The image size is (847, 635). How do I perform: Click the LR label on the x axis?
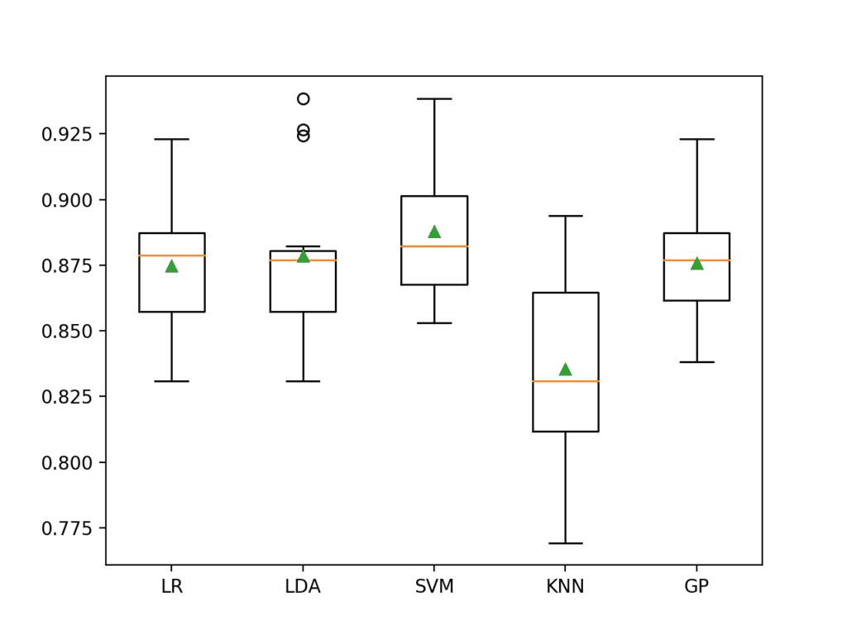[171, 587]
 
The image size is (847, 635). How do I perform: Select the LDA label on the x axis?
[303, 587]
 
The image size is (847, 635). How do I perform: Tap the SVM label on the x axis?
[434, 587]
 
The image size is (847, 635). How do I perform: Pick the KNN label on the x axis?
[565, 587]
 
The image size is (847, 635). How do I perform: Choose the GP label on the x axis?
[696, 587]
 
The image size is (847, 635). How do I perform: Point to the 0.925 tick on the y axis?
[69, 134]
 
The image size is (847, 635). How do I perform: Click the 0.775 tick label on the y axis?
[69, 528]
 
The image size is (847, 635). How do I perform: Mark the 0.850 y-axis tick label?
[69, 331]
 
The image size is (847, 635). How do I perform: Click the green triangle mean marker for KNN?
[565, 369]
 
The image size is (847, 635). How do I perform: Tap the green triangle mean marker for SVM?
[434, 232]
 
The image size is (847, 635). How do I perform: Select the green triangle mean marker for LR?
[171, 265]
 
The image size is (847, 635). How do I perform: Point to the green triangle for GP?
[696, 263]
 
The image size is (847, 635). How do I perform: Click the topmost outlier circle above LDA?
[304, 98]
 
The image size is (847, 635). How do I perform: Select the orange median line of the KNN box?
[565, 381]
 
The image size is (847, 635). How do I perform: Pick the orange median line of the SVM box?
[434, 246]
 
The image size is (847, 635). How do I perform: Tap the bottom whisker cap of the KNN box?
[565, 543]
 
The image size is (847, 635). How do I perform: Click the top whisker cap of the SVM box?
[434, 98]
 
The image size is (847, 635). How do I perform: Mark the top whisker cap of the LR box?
[171, 139]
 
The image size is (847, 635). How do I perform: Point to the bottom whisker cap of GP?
[696, 362]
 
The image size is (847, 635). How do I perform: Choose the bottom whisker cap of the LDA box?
[303, 381]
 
